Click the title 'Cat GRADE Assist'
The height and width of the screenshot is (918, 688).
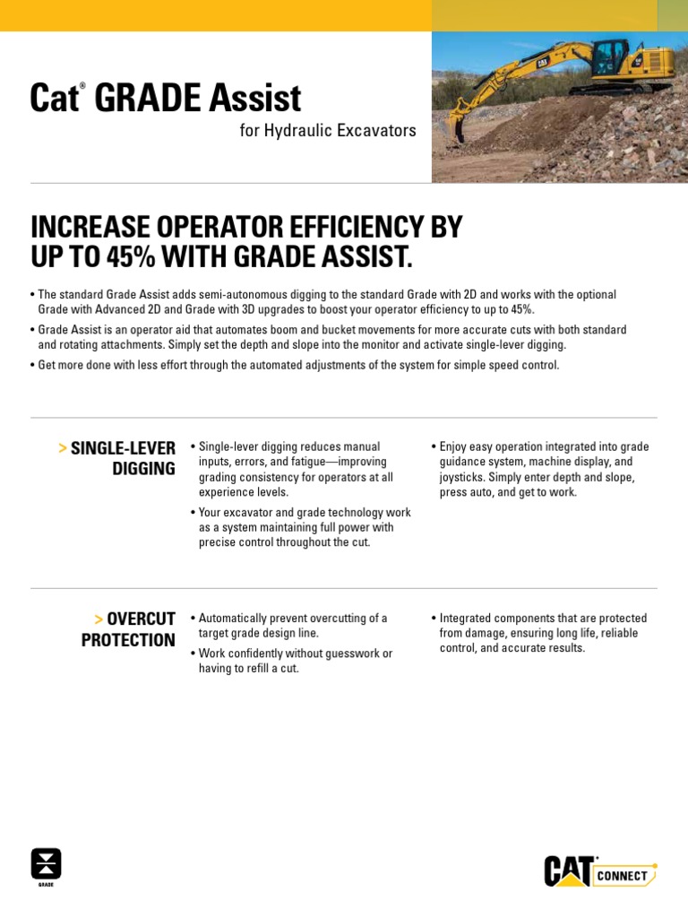(165, 98)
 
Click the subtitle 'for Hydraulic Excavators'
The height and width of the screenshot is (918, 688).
(328, 131)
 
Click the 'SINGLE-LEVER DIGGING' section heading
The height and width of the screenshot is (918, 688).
(122, 457)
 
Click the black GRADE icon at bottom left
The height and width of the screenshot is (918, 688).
(46, 864)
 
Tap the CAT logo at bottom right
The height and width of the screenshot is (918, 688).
(568, 871)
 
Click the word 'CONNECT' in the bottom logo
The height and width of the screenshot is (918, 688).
(622, 876)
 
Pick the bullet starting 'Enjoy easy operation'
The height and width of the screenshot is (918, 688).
(543, 469)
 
